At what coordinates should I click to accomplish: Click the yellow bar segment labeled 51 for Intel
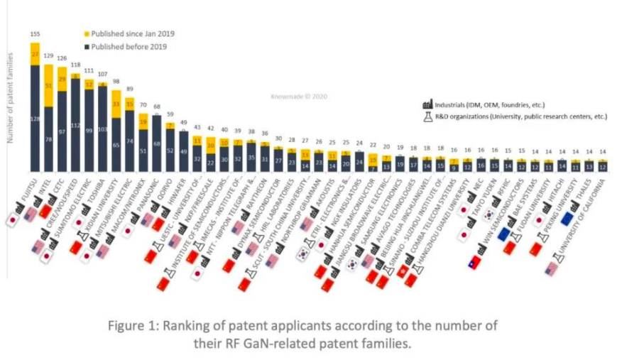pyautogui.click(x=49, y=86)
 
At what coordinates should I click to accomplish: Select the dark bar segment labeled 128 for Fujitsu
pyautogui.click(x=35, y=119)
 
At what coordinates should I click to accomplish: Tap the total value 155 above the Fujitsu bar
pyautogui.click(x=34, y=34)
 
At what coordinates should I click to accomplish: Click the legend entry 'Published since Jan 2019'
pyautogui.click(x=132, y=33)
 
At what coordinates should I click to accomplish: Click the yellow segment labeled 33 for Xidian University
pyautogui.click(x=116, y=104)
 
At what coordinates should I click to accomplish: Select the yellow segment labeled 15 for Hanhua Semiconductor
pyautogui.click(x=373, y=160)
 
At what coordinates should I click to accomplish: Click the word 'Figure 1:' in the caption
pyautogui.click(x=134, y=327)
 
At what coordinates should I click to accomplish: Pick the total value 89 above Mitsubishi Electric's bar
pyautogui.click(x=130, y=89)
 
